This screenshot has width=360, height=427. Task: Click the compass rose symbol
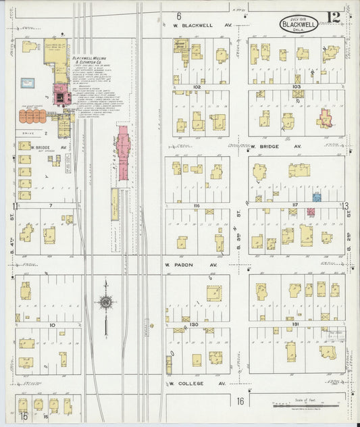[106, 302]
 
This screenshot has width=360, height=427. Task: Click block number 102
[197, 87]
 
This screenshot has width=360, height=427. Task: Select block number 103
[296, 87]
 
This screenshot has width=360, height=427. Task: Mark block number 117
[295, 205]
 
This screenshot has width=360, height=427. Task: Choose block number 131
[295, 325]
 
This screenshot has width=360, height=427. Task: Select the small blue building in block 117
[315, 197]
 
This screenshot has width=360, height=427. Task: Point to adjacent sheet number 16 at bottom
[240, 401]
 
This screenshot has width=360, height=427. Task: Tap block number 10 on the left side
[52, 324]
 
